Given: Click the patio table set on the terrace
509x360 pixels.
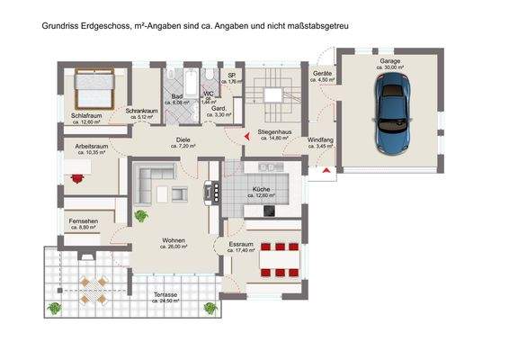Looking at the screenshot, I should (94, 287).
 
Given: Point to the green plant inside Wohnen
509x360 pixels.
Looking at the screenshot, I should (140, 216).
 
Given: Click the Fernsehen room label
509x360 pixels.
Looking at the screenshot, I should (82, 221).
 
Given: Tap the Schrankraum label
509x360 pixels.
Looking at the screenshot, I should (142, 111).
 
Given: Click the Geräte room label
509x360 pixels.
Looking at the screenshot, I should (322, 73).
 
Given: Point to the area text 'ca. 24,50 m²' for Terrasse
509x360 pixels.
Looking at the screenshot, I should (165, 300).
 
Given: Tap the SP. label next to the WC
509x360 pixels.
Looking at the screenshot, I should (231, 76).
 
